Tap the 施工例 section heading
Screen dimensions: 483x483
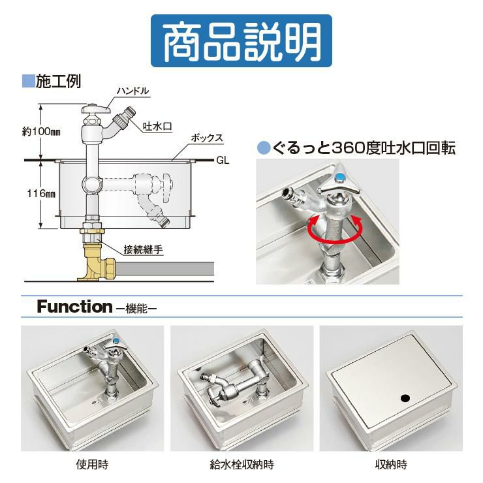[x=59, y=82]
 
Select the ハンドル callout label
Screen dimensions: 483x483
[x=132, y=91]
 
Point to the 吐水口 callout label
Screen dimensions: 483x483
[x=157, y=126]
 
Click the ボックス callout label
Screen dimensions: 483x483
[x=207, y=138]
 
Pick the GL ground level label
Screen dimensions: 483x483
[x=223, y=161]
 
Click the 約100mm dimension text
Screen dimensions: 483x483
[x=41, y=132]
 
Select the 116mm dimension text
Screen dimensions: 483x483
[x=41, y=193]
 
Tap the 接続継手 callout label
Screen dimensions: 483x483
[x=143, y=249]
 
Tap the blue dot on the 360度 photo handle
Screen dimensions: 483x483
[x=339, y=177]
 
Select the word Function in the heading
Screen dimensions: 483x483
[x=75, y=307]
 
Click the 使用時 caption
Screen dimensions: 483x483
[x=92, y=465]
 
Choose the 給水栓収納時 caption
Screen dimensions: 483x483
[x=241, y=465]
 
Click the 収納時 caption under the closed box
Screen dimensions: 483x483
[x=391, y=465]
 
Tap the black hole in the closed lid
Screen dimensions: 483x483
[x=406, y=398]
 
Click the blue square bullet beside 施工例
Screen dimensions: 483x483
[x=28, y=82]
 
